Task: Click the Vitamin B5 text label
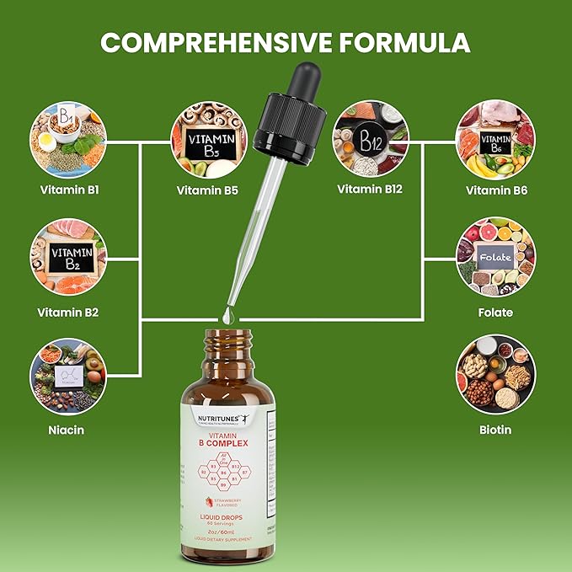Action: coord(207,190)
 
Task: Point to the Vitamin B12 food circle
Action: coord(370,138)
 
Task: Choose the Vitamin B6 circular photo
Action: coord(495,138)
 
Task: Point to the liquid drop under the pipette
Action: coord(227,314)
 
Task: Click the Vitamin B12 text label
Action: coord(370,189)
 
